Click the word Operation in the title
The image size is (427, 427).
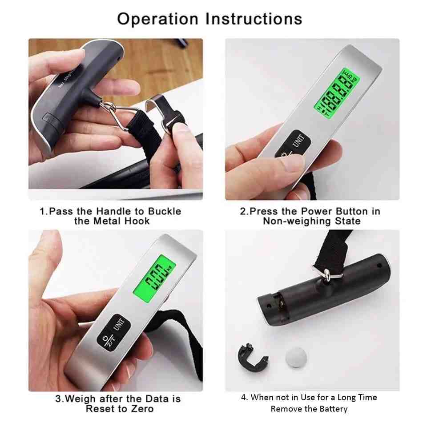pos(157,19)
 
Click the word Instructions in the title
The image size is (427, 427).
pos(254,19)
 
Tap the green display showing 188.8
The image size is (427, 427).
pos(337,93)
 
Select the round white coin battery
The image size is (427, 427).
pos(296,357)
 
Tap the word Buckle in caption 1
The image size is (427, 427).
pos(165,211)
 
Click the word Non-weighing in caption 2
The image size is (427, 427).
pos(297,221)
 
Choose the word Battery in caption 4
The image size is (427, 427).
pos(333,409)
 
